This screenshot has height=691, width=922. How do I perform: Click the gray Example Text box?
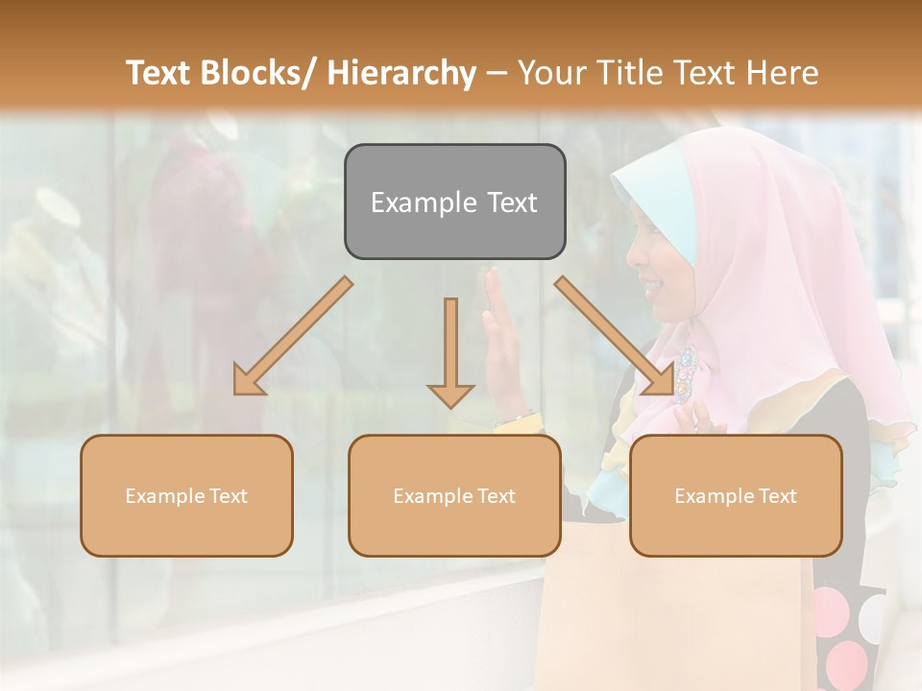(x=454, y=202)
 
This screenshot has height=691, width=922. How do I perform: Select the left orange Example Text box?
(x=186, y=495)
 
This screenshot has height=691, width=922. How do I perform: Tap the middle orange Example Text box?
(x=454, y=495)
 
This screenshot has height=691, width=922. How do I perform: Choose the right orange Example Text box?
(x=736, y=495)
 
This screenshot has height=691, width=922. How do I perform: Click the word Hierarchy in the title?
(x=401, y=73)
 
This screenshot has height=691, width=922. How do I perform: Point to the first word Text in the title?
(x=160, y=73)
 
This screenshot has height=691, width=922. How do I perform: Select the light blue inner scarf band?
(x=663, y=206)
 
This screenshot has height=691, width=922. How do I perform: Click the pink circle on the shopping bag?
(x=846, y=663)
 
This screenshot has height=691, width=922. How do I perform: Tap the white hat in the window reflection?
(x=58, y=205)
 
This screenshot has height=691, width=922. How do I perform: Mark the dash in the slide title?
(x=497, y=73)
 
